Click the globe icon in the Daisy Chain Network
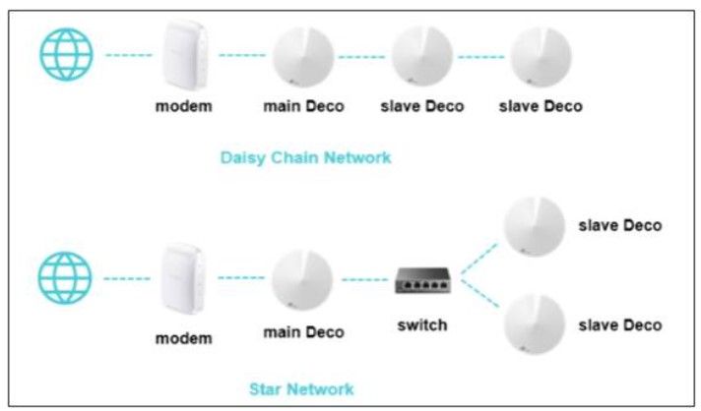[x=66, y=54]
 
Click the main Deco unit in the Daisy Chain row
[x=303, y=54]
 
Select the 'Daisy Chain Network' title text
[x=305, y=157]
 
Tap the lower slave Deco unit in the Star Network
[x=535, y=323]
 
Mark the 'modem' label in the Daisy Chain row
[x=183, y=106]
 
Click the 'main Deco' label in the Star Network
[x=303, y=332]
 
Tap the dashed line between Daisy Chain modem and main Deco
[x=242, y=55]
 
